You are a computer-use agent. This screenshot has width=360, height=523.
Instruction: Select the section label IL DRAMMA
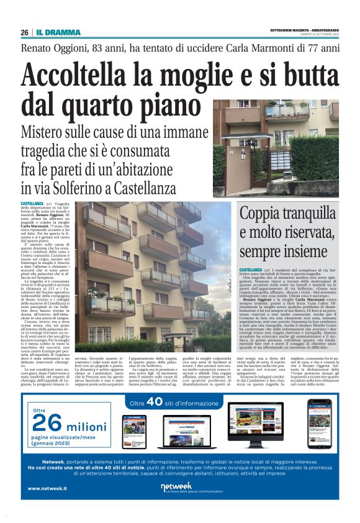point(58,32)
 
